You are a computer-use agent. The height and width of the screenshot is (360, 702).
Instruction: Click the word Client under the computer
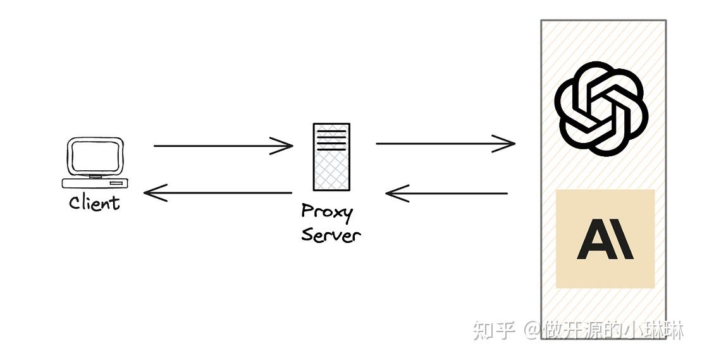[x=94, y=202]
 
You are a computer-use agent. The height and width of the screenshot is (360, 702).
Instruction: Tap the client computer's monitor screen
[x=94, y=156]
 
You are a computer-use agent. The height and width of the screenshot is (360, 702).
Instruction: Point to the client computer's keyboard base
[x=95, y=183]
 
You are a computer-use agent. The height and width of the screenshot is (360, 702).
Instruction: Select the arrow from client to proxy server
[x=221, y=146]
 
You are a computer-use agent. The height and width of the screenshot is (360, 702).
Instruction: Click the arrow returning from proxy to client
[x=218, y=192]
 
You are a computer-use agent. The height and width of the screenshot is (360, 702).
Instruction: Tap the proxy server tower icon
[x=331, y=157]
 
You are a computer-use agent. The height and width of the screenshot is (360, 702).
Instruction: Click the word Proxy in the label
[x=326, y=212]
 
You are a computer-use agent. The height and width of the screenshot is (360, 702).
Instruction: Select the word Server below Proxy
[x=330, y=235]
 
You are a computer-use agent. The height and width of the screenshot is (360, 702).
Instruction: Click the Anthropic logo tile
[x=605, y=239]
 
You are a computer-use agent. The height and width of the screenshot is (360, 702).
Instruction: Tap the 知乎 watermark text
[x=494, y=329]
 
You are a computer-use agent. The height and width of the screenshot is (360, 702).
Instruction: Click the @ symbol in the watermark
[x=529, y=330]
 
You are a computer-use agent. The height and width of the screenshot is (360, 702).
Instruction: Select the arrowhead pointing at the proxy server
[x=284, y=146]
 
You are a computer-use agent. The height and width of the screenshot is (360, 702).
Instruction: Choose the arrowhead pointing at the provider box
[x=506, y=144]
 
